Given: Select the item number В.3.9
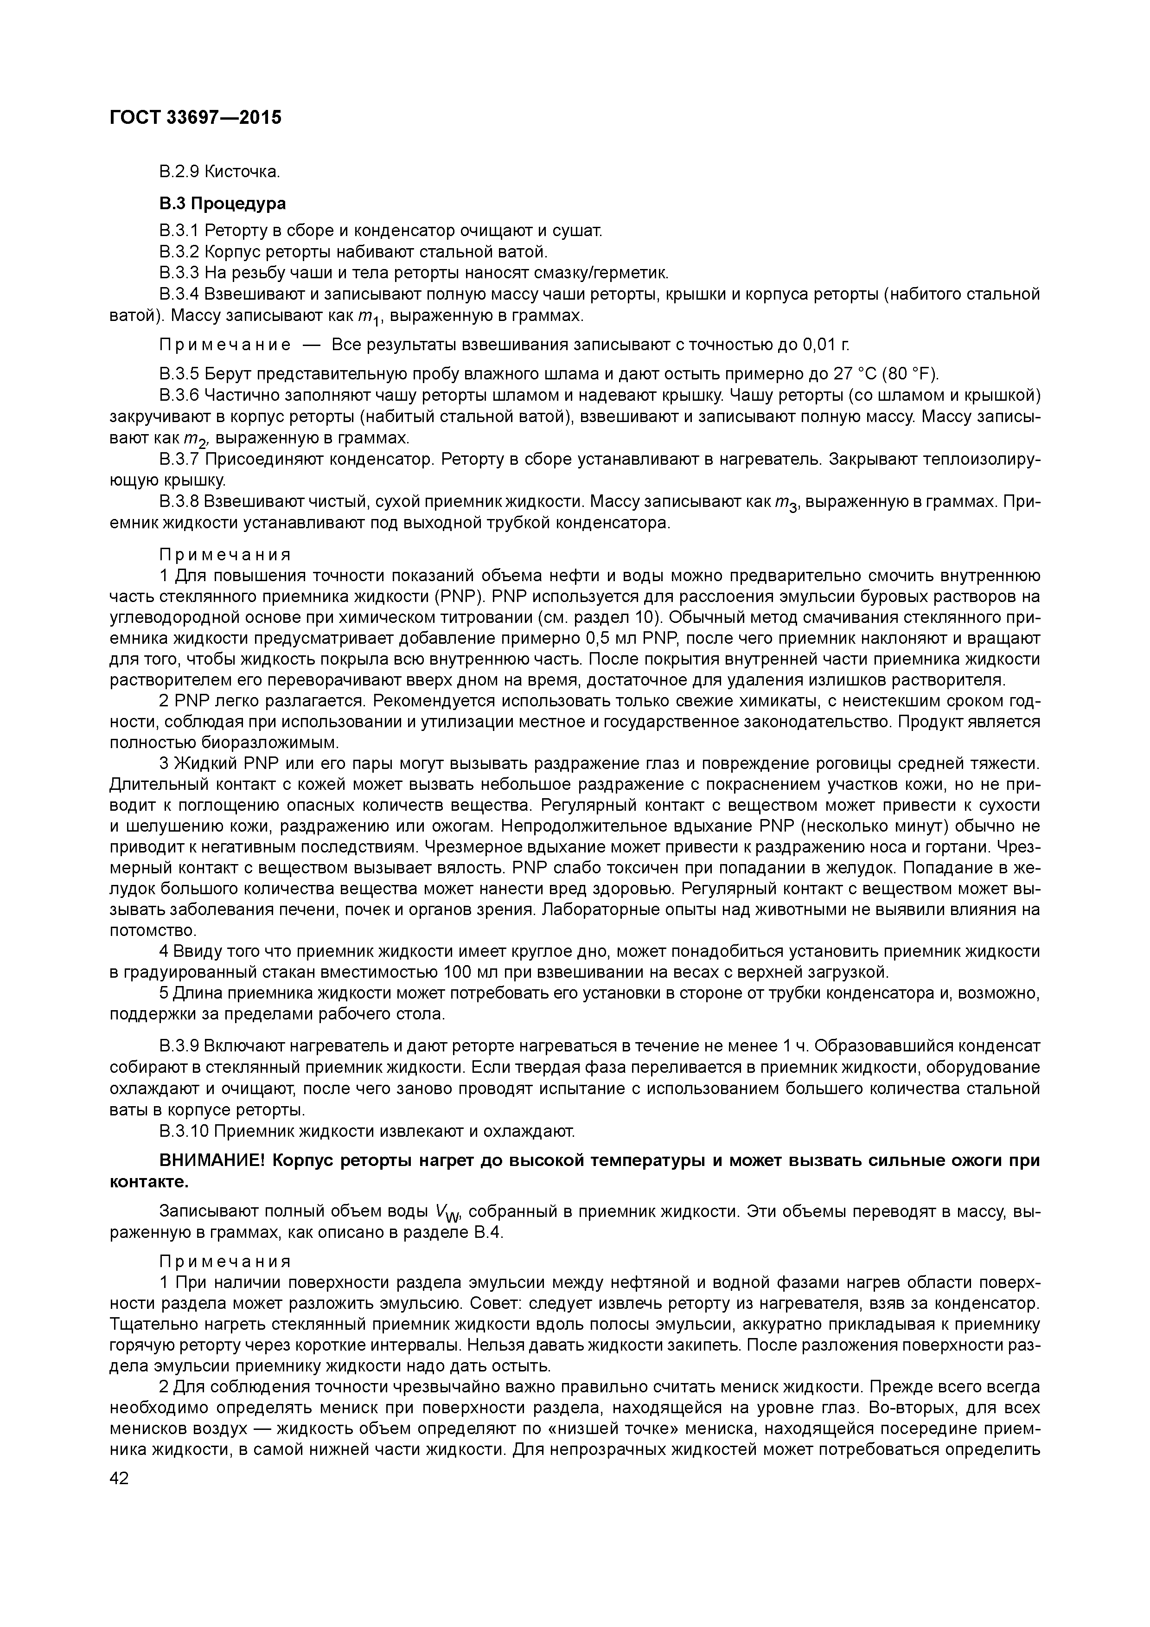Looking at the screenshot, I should (179, 1047).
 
